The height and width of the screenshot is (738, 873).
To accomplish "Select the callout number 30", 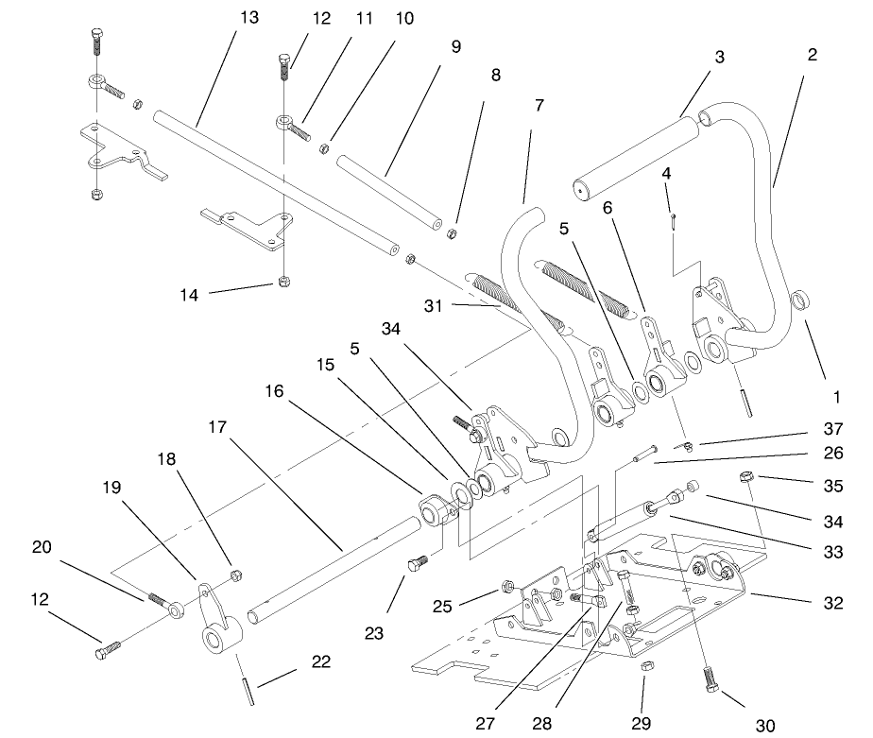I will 764,724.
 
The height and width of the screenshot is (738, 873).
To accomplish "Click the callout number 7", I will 539,105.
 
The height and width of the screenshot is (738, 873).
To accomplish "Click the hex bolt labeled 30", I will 710,678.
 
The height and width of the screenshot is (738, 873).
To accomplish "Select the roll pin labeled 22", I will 248,686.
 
